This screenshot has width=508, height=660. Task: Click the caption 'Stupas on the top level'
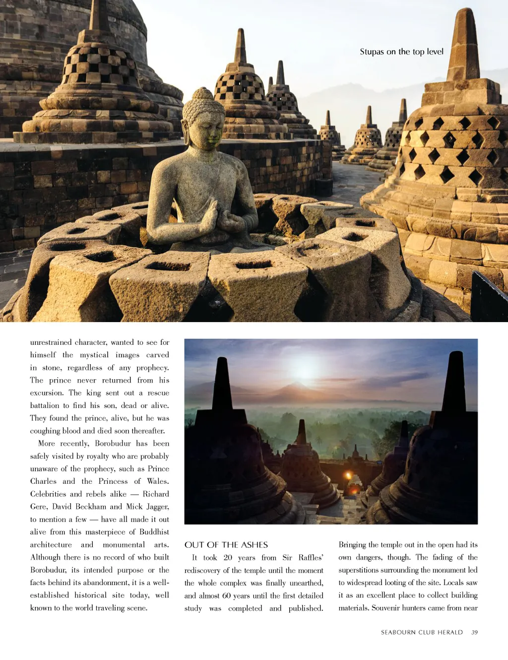tap(401, 52)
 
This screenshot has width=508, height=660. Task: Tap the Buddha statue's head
tap(203, 117)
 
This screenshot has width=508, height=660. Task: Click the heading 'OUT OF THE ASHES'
tap(226, 545)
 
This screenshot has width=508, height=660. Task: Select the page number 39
tap(474, 632)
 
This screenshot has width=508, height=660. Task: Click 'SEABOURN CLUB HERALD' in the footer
tap(422, 632)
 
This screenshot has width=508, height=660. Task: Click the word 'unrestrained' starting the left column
tap(51, 342)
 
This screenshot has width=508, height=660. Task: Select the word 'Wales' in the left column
tap(157, 481)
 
